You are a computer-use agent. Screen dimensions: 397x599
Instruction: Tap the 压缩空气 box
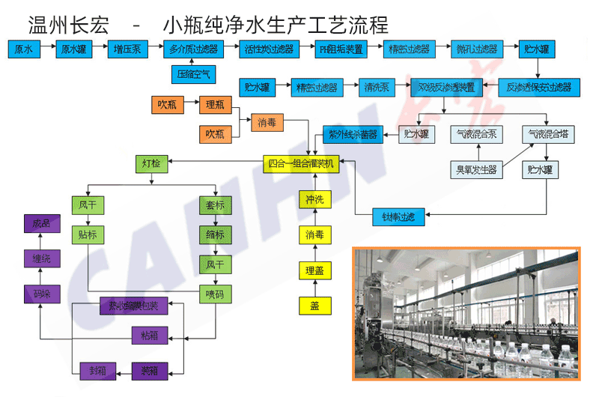(x=193, y=74)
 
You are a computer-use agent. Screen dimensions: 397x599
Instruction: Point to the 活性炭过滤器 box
(x=268, y=50)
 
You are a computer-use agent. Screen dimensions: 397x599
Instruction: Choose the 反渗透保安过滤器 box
(x=538, y=88)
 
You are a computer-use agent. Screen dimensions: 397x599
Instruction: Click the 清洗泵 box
(x=376, y=88)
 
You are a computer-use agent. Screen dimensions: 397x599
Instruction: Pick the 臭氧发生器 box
(x=477, y=169)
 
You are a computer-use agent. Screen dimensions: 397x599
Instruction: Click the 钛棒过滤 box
(x=398, y=217)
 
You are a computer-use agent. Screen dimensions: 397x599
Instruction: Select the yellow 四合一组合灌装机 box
(x=304, y=163)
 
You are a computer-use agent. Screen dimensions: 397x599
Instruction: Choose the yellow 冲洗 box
(x=314, y=200)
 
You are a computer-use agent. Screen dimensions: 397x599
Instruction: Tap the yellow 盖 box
(x=314, y=306)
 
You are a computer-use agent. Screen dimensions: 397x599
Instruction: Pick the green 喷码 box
(x=215, y=294)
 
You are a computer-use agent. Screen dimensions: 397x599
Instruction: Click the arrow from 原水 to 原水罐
(x=48, y=50)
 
